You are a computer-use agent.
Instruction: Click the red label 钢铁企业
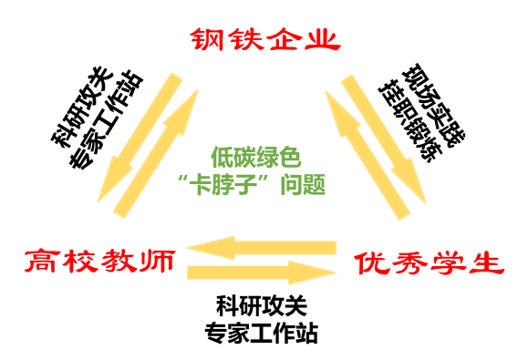click(x=264, y=40)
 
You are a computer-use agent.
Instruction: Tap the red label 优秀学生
click(x=429, y=264)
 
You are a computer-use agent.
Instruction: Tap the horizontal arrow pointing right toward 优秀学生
click(x=261, y=272)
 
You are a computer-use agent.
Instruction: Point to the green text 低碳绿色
click(x=255, y=156)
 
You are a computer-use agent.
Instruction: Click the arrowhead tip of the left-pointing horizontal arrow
click(x=188, y=247)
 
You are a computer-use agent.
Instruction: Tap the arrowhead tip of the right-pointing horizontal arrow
click(x=336, y=272)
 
